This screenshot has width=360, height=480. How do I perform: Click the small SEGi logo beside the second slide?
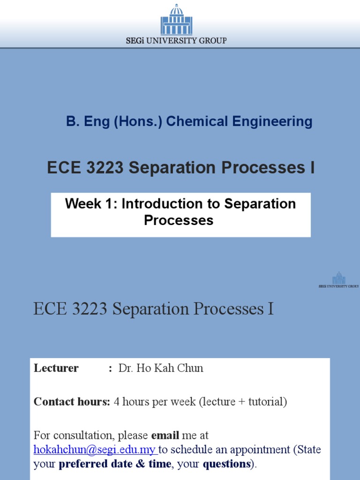click(x=338, y=278)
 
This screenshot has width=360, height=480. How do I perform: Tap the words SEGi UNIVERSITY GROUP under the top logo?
click(x=176, y=41)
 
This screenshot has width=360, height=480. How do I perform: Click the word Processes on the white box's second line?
click(x=179, y=220)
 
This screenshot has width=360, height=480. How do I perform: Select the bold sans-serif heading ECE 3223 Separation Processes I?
click(x=180, y=168)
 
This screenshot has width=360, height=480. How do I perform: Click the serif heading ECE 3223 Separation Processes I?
click(x=153, y=309)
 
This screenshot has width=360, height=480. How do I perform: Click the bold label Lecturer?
click(x=56, y=368)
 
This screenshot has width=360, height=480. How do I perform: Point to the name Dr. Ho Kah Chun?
click(x=161, y=368)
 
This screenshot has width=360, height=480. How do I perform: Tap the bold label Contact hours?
click(x=72, y=402)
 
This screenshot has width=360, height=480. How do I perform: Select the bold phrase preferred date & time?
click(x=114, y=465)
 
